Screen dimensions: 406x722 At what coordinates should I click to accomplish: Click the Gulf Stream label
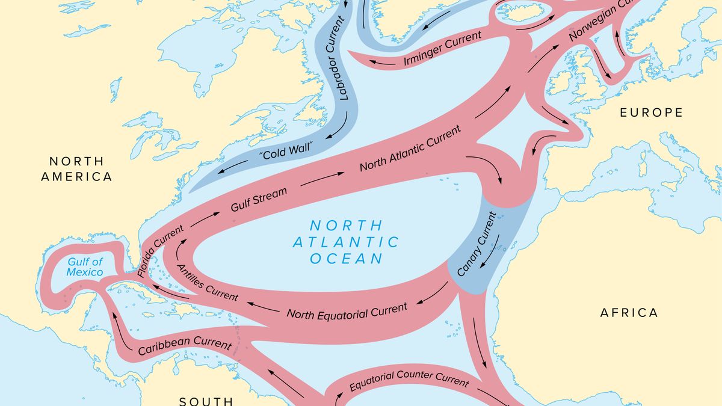pos(259,200)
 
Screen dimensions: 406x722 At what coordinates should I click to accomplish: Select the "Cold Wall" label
pos(287,150)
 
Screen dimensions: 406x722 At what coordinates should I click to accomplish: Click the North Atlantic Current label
pos(410,149)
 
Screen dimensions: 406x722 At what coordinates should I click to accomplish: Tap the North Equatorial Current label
pos(347,310)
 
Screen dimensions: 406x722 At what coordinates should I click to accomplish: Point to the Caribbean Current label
pos(185,347)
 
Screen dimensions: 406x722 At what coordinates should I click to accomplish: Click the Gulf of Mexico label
pos(85,267)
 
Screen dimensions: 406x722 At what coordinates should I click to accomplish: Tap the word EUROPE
pos(652,112)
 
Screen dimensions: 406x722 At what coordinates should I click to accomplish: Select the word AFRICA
pos(629,313)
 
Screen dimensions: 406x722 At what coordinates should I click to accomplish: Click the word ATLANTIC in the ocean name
pos(346,242)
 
